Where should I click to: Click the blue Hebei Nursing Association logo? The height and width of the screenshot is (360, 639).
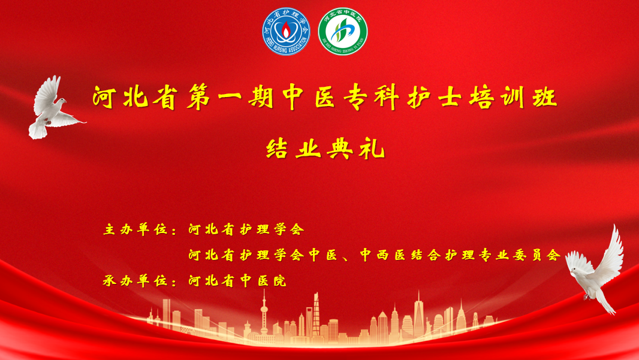(286, 31)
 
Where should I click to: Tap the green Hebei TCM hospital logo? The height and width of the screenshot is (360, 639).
(343, 31)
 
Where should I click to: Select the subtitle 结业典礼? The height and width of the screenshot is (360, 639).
(325, 149)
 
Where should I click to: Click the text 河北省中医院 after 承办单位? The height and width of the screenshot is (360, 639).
(237, 280)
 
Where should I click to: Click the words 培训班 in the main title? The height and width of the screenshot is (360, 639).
(513, 97)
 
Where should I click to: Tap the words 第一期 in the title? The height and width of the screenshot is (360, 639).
(230, 97)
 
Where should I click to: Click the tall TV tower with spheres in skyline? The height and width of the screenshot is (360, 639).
(264, 313)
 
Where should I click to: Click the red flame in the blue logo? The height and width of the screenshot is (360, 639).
(286, 29)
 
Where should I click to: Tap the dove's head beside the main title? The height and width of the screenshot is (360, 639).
(61, 101)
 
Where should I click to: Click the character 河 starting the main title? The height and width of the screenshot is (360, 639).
(104, 97)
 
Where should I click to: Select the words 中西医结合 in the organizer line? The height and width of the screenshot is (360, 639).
(400, 255)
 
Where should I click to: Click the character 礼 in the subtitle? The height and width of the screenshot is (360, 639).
(372, 149)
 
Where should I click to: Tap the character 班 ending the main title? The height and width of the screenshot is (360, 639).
(545, 97)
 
